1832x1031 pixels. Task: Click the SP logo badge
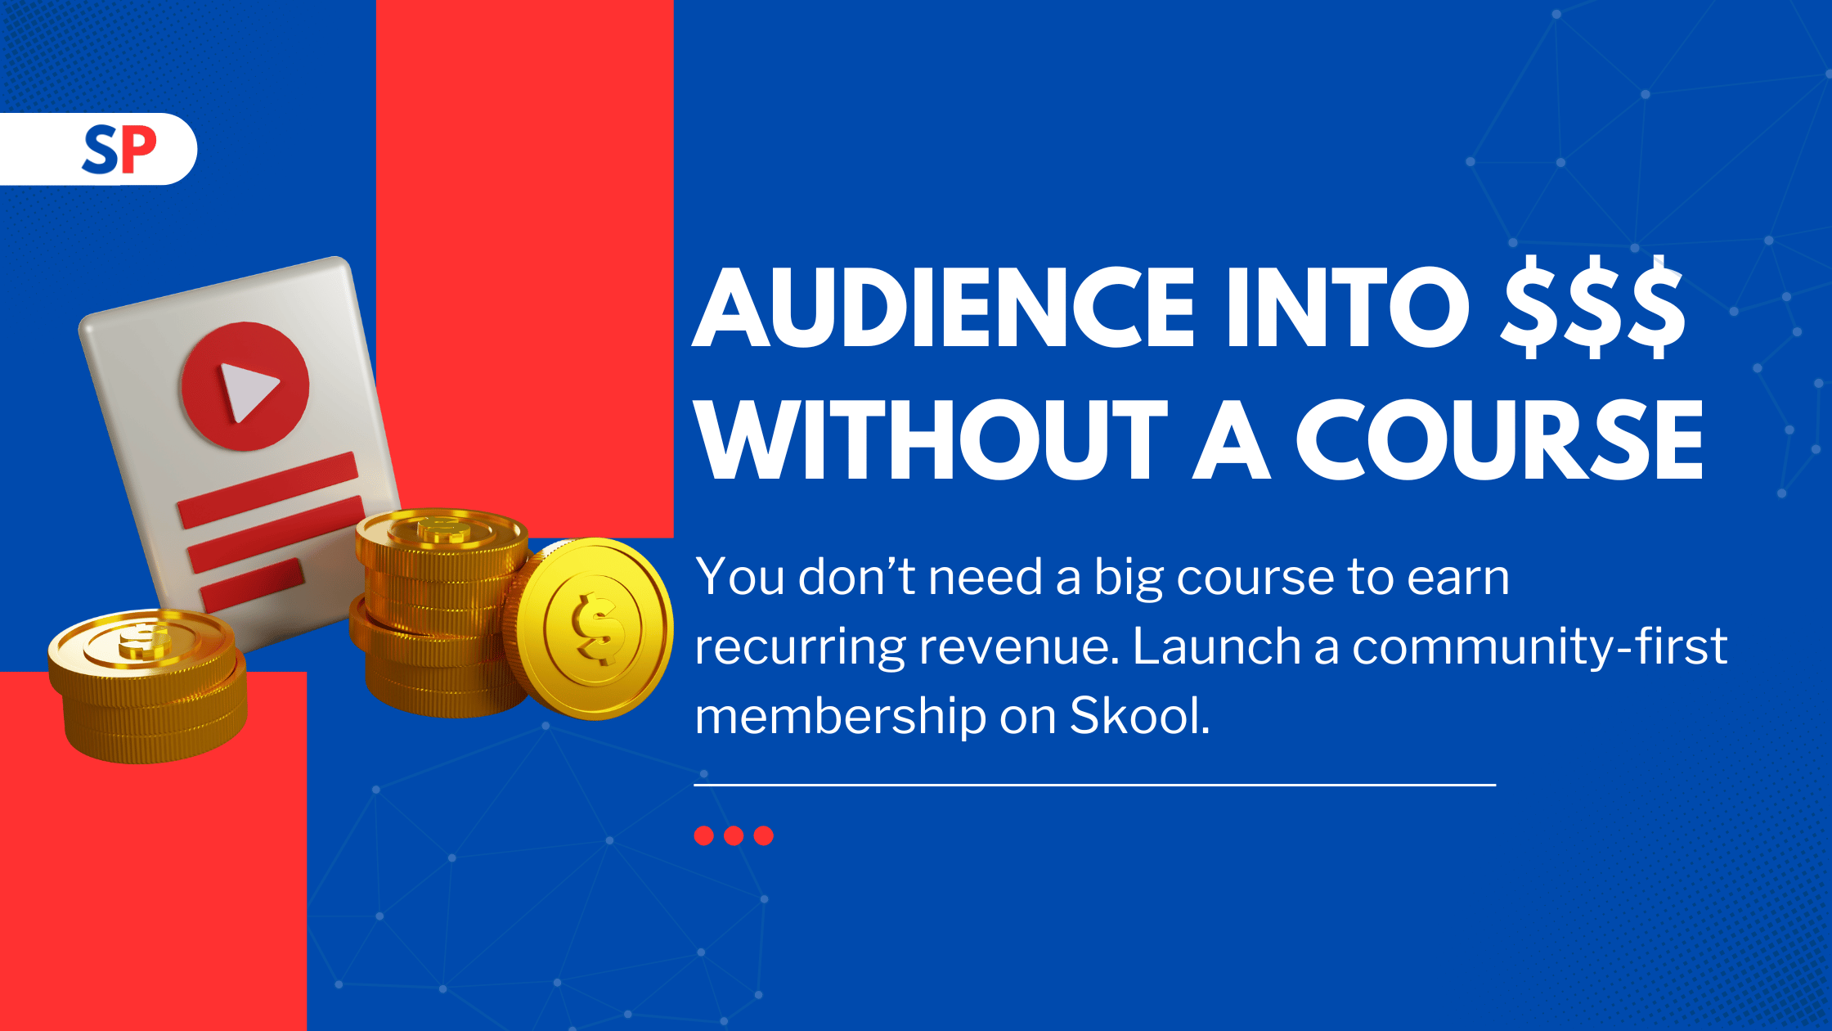coord(98,149)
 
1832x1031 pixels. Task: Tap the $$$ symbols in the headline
coord(1594,307)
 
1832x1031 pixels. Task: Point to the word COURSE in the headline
coord(1500,439)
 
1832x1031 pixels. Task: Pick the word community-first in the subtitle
coord(1540,646)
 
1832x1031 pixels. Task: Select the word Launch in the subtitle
coord(1217,646)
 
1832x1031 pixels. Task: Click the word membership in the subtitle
coord(841,717)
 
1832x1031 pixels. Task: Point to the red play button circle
coord(245,385)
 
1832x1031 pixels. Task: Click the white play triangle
coord(248,391)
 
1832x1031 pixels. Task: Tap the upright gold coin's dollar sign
coord(598,628)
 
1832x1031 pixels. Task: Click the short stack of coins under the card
coord(148,685)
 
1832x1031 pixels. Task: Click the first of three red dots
coord(704,835)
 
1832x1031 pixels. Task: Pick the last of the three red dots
coord(763,835)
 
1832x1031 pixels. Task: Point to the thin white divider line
coord(1095,785)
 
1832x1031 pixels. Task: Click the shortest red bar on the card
coord(253,584)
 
